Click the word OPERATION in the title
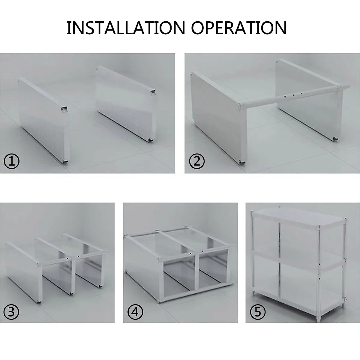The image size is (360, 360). tap(239, 28)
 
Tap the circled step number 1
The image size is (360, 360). tap(12, 161)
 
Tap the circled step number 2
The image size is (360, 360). tap(197, 161)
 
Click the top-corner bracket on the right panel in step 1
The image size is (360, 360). tap(153, 92)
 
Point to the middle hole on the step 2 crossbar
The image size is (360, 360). tap(294, 95)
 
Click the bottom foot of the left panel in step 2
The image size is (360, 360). tap(242, 162)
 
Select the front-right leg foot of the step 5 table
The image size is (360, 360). tap(319, 320)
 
